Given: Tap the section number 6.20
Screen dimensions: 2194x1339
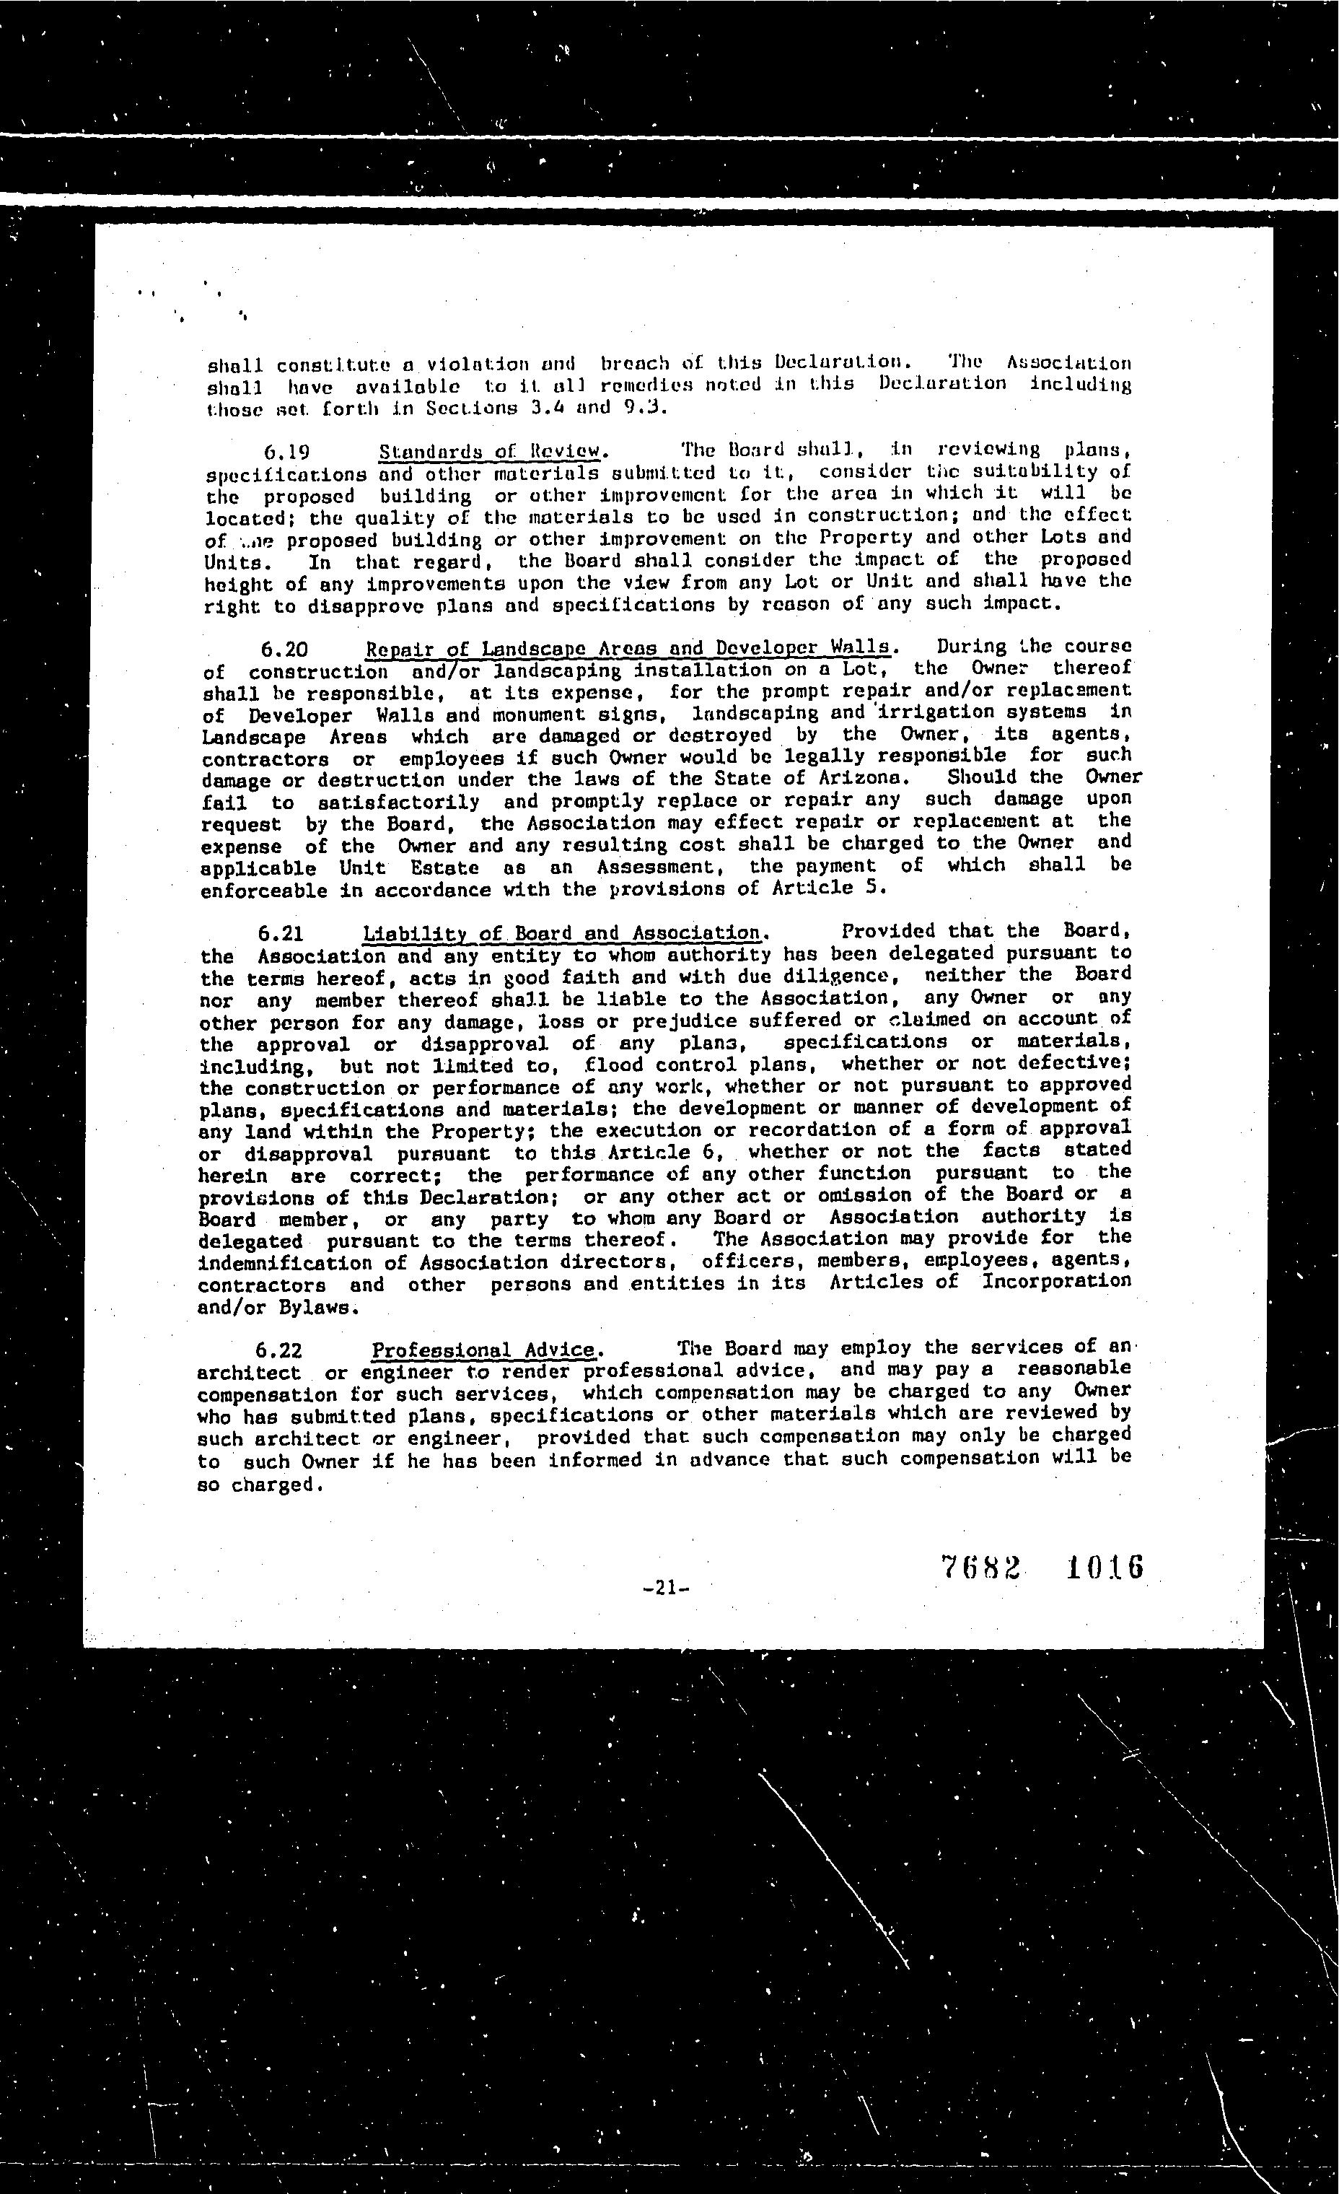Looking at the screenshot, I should [285, 648].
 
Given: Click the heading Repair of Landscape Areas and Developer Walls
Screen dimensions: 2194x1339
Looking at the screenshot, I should [627, 647].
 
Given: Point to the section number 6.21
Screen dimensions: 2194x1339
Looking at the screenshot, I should [281, 933].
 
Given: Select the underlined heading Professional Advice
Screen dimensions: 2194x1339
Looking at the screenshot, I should [483, 1350].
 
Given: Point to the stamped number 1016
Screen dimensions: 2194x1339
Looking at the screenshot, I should [1103, 1567].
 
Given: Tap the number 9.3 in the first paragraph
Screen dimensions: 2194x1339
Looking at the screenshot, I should [644, 408].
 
